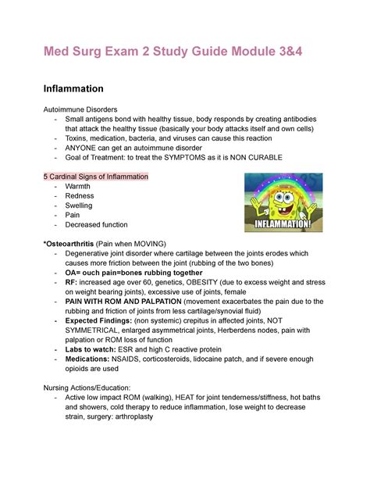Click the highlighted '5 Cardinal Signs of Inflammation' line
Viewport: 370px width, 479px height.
coord(94,177)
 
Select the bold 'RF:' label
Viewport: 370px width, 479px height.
coord(72,282)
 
